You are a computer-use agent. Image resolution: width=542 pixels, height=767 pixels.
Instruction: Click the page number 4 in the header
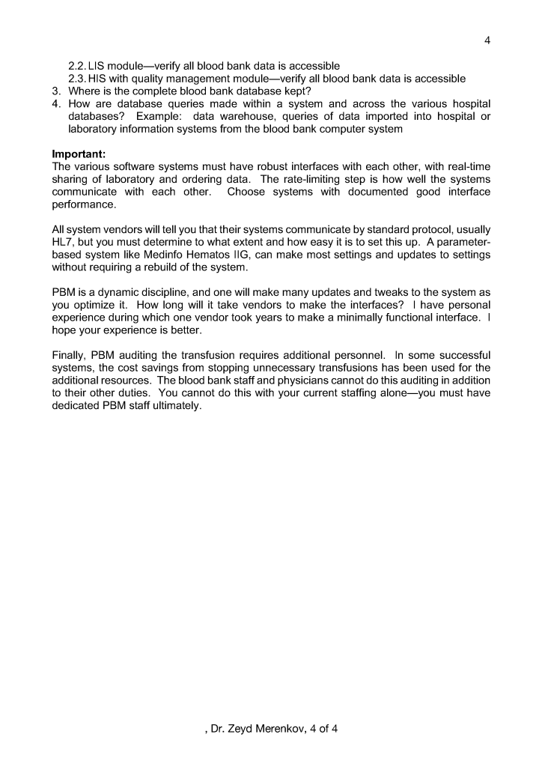(x=487, y=40)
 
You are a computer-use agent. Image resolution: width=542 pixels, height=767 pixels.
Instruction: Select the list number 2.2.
(x=79, y=66)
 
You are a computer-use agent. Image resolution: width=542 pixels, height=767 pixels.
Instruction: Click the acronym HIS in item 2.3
(x=100, y=79)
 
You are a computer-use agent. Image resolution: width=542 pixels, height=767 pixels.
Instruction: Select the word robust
(x=249, y=168)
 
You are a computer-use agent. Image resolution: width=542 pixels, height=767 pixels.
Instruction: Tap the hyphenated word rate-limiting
(x=319, y=181)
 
